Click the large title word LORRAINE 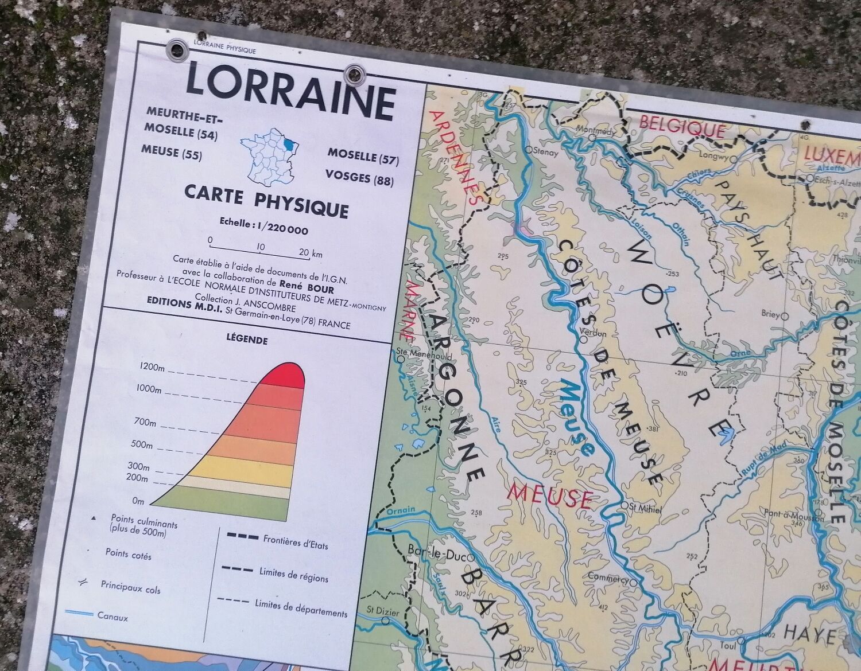pyautogui.click(x=290, y=92)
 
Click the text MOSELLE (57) pyautogui.click(x=363, y=155)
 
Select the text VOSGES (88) pyautogui.click(x=359, y=178)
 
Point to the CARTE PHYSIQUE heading pyautogui.click(x=266, y=201)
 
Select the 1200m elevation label pyautogui.click(x=151, y=368)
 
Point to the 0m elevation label pyautogui.click(x=138, y=501)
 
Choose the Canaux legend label pyautogui.click(x=113, y=617)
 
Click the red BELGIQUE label pyautogui.click(x=682, y=126)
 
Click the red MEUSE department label pyautogui.click(x=550, y=496)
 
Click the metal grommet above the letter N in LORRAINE pyautogui.click(x=354, y=73)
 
